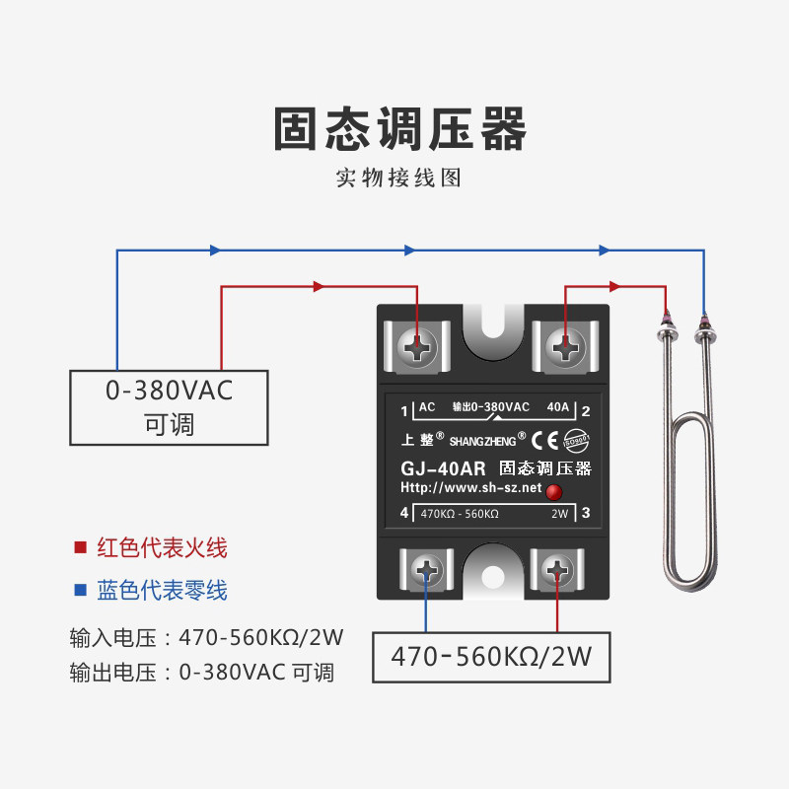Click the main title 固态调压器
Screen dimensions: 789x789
(x=399, y=130)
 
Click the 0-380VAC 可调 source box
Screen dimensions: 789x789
(x=169, y=406)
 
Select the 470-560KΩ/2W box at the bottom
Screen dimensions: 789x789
(x=490, y=657)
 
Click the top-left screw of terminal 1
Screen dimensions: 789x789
(x=421, y=346)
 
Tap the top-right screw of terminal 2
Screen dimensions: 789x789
(x=565, y=346)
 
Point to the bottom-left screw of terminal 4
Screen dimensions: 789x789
(x=427, y=570)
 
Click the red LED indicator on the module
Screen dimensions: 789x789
(x=554, y=492)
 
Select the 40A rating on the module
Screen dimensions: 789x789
(x=557, y=407)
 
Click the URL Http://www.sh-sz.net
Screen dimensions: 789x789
(x=470, y=488)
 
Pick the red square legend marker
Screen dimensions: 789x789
(x=80, y=548)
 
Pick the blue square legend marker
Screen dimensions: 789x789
(x=80, y=590)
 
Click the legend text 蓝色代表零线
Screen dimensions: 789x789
(x=162, y=590)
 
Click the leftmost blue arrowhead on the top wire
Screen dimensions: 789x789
(x=215, y=251)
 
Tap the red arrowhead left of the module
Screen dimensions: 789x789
(x=319, y=286)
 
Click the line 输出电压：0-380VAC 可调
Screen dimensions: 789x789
(x=202, y=673)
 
